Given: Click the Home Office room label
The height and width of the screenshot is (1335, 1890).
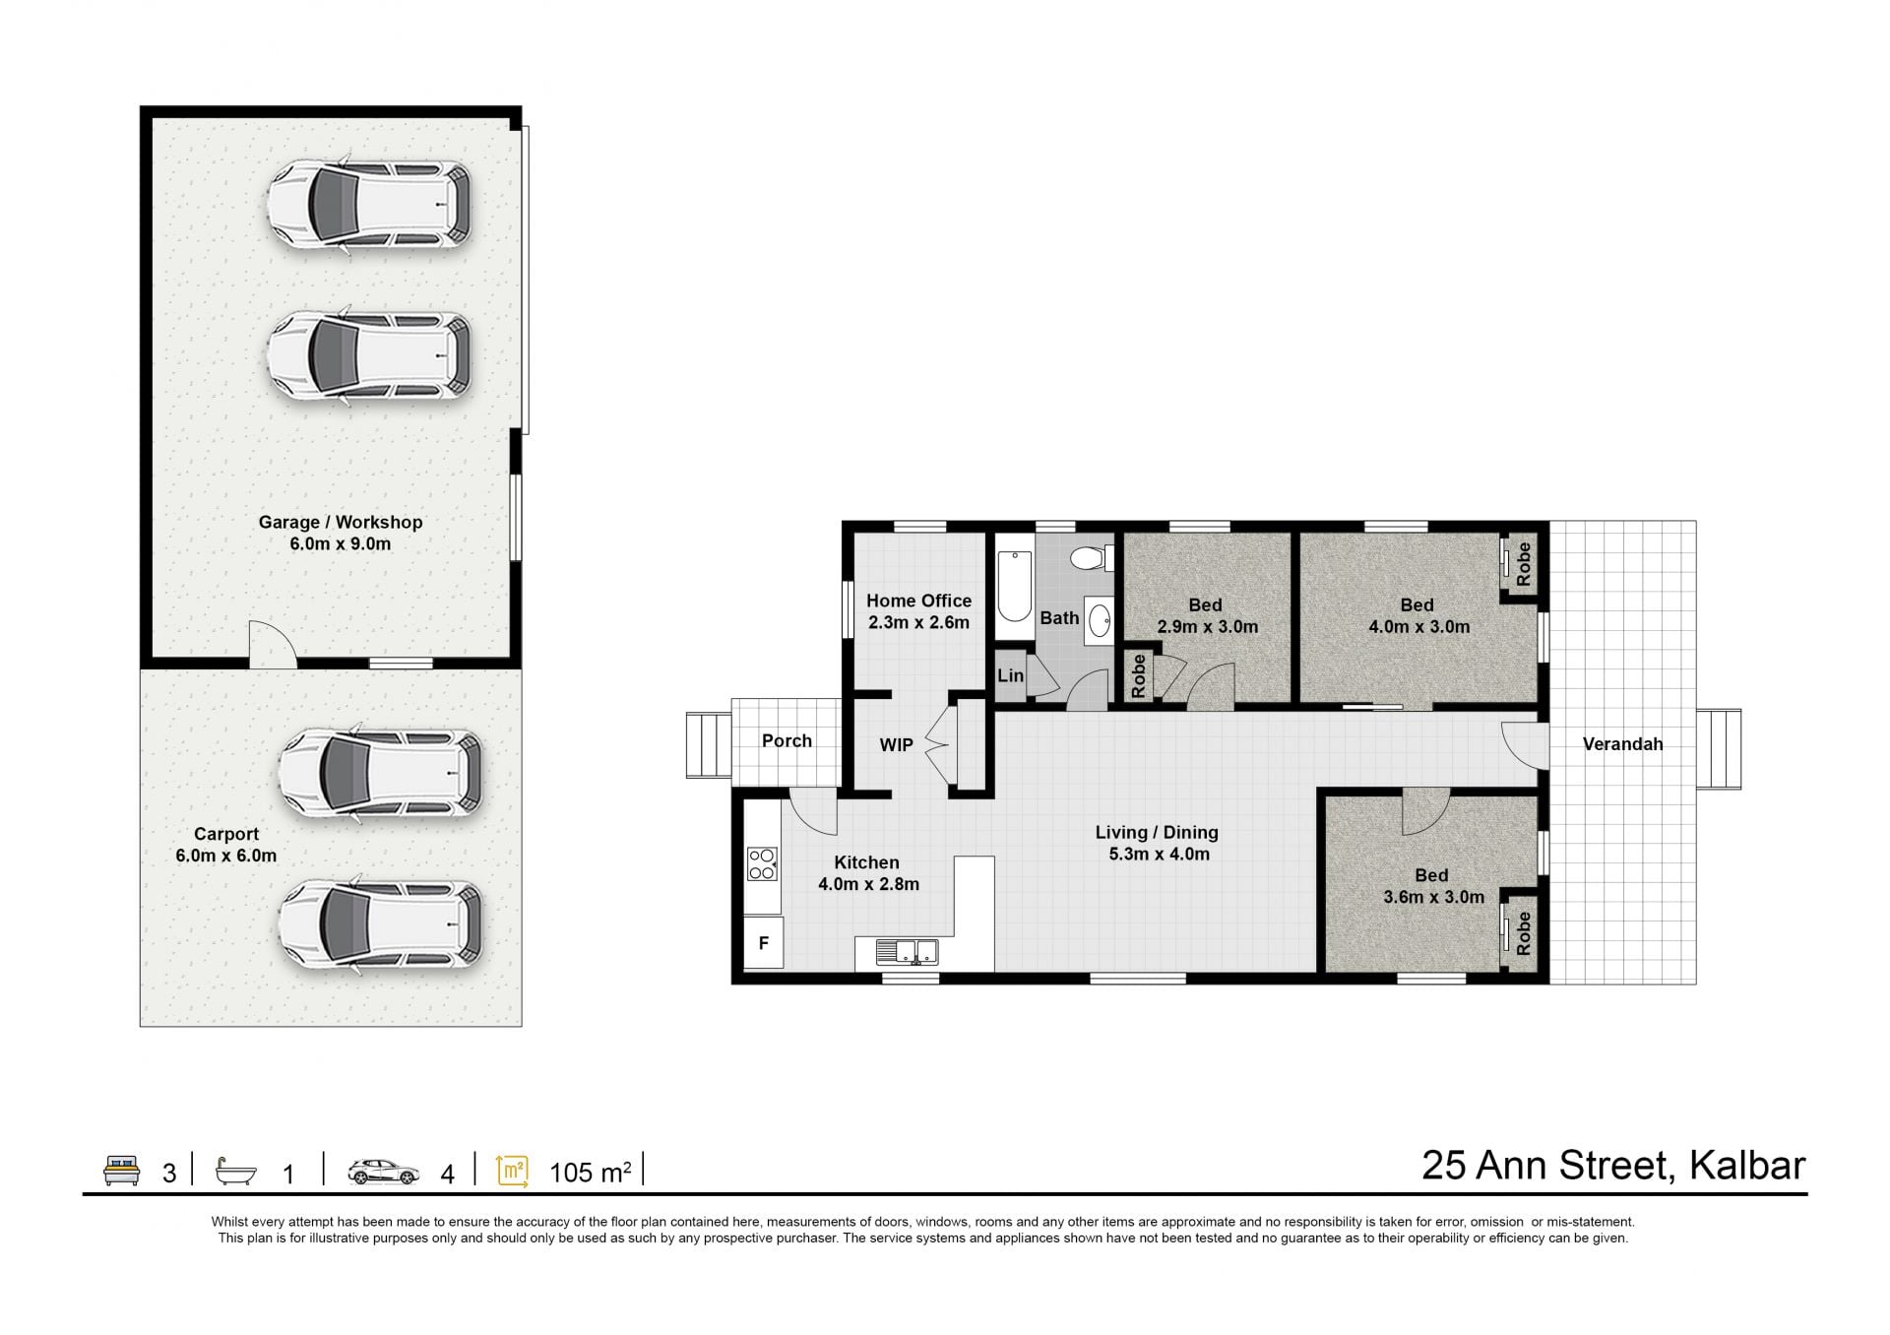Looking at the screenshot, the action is tap(918, 601).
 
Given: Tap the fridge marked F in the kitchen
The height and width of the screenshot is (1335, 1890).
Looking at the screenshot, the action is tap(763, 943).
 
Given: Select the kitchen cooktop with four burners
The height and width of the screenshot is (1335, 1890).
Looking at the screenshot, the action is tap(762, 863).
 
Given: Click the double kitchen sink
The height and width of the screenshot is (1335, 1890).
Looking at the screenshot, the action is tap(909, 952).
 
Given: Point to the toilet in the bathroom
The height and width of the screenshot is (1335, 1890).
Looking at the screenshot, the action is tap(1090, 558).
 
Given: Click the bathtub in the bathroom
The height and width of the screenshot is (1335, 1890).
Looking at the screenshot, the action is tap(1014, 587).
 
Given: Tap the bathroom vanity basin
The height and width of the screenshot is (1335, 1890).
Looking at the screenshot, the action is tap(1100, 620).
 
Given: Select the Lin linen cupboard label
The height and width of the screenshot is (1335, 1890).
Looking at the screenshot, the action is tap(1010, 675).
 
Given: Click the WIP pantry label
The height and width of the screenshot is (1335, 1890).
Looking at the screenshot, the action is tap(896, 745).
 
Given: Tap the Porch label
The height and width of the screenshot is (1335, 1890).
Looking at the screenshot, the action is tap(787, 740).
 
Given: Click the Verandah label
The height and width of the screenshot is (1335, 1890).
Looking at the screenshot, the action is tap(1622, 744).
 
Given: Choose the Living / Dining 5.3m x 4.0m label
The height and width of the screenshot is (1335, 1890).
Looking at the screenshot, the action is tap(1158, 843).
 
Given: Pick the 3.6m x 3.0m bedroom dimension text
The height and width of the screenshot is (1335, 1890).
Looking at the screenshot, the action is tap(1433, 897).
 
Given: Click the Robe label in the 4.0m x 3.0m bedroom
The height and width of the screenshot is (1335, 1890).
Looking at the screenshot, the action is tap(1524, 564).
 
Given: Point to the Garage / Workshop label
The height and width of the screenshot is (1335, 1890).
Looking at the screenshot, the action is tap(341, 522).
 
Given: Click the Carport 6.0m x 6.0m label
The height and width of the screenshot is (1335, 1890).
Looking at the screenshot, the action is tap(225, 845).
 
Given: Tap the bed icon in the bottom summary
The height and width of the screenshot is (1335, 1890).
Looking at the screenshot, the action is tap(122, 1171).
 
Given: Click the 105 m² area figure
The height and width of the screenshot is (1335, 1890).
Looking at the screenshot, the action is tap(590, 1172).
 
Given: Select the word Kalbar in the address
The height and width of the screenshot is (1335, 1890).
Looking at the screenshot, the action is tap(1747, 1166).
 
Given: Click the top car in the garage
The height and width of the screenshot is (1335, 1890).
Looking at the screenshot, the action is tap(369, 205).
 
